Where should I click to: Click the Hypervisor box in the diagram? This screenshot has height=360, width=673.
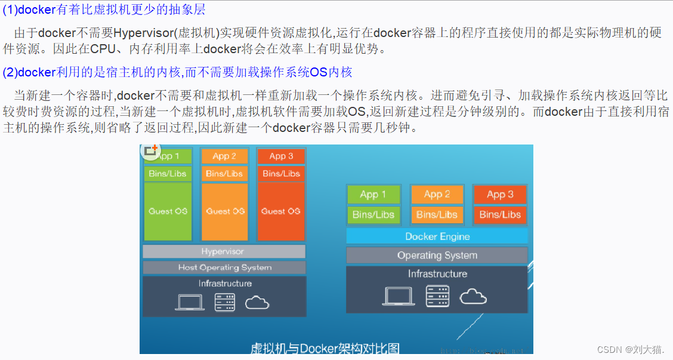tap(223, 251)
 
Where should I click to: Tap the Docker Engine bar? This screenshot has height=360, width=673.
tap(437, 236)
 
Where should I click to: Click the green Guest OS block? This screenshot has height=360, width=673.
tap(168, 211)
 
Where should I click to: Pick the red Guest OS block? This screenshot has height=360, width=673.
tap(281, 211)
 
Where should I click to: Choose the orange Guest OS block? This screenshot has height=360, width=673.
tap(224, 211)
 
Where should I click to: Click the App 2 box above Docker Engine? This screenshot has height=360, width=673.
tap(437, 194)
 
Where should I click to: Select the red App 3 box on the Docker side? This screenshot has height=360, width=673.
tap(500, 194)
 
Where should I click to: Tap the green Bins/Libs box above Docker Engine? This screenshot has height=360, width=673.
tap(373, 214)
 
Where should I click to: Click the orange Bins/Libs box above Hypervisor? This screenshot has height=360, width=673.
tap(224, 174)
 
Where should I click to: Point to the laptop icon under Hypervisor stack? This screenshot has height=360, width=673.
tap(190, 302)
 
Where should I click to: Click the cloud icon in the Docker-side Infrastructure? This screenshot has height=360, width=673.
tap(473, 296)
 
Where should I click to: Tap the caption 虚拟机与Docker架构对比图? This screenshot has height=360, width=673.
tap(325, 348)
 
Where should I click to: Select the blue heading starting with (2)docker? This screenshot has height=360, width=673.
tap(177, 73)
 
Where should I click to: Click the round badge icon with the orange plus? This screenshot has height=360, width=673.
tap(150, 152)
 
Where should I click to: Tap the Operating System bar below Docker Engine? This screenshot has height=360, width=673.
tap(437, 256)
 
